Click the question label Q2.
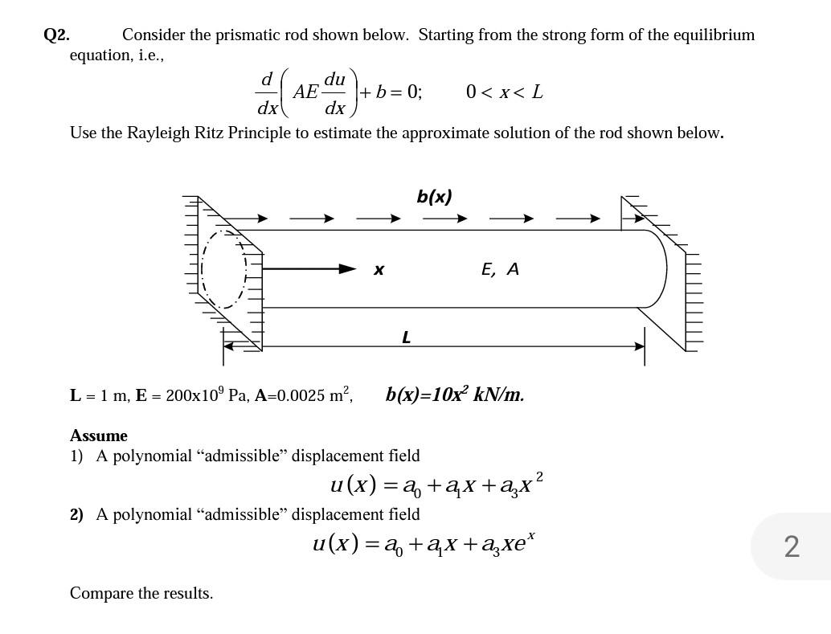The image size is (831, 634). point(56,35)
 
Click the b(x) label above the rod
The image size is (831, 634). point(434,196)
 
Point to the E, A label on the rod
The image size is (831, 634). point(500,270)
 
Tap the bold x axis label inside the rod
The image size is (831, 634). point(379,271)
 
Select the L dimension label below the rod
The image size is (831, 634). point(406,337)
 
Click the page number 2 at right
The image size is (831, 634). point(791,546)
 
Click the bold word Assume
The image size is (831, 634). point(98,436)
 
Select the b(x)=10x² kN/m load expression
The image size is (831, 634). point(454,395)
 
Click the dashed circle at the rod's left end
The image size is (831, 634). point(224,269)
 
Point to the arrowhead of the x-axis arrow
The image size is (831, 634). point(347,268)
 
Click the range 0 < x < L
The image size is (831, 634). point(504,92)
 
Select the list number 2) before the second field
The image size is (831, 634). point(76,514)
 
